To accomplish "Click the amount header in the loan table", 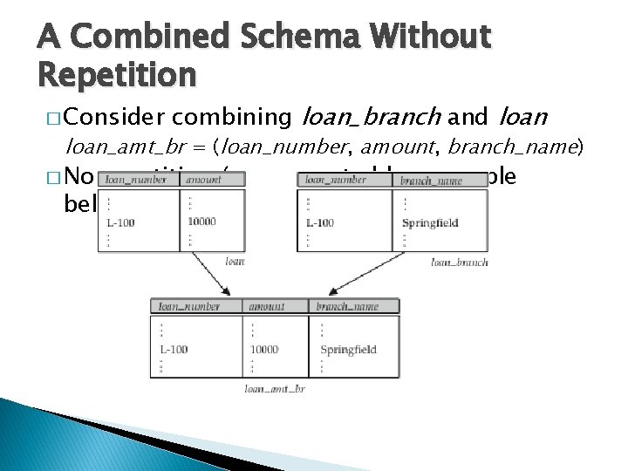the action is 202,181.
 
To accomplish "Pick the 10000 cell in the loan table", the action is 201,222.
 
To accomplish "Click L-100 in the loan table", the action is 120,223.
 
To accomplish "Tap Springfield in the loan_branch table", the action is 430,223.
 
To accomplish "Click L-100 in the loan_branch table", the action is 320,223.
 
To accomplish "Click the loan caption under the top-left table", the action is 235,262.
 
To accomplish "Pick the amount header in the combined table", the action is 266,307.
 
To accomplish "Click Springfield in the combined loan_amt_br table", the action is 348,350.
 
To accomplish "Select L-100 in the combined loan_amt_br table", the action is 174,350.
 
